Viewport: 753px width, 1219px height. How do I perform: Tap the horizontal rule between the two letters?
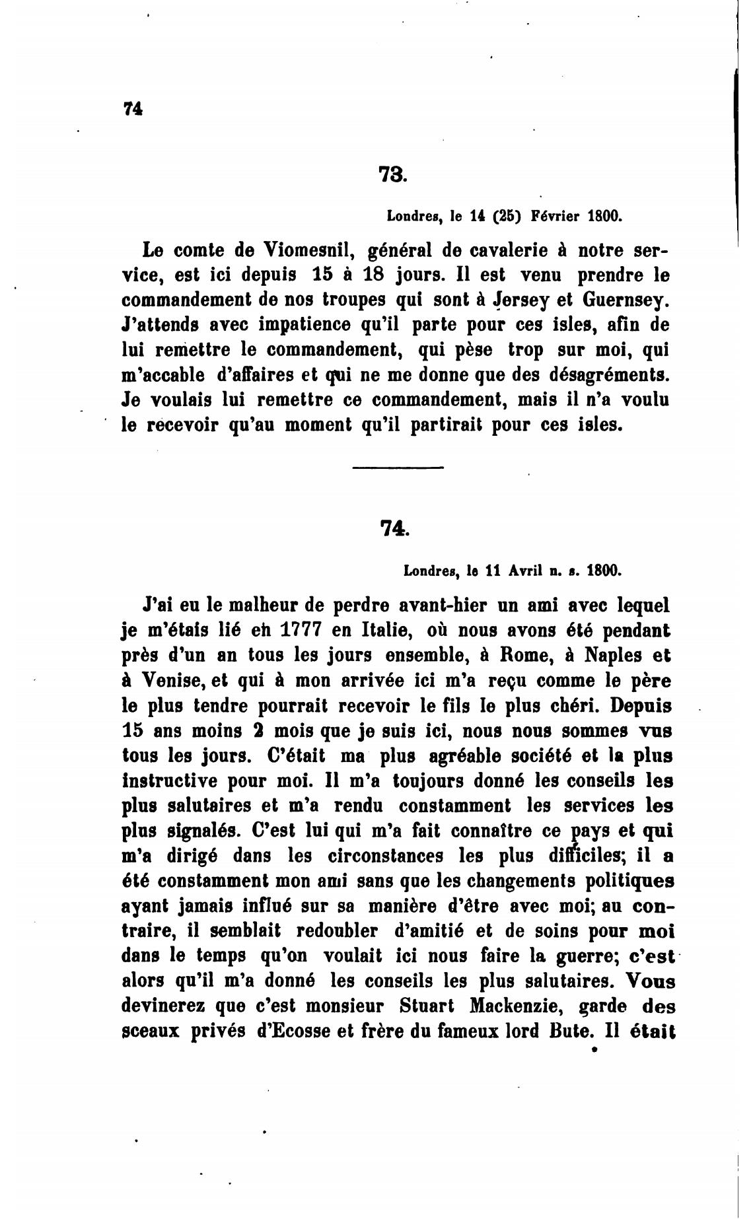click(398, 468)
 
